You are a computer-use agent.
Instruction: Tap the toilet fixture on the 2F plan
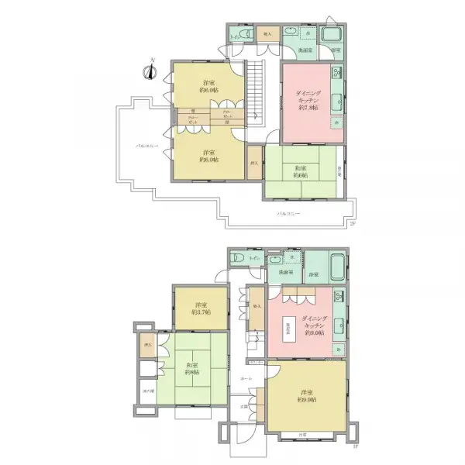tap(240, 36)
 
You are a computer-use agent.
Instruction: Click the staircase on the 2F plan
tap(256, 90)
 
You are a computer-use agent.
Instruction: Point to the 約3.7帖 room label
tap(201, 313)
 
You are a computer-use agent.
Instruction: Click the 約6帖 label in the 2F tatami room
tap(301, 176)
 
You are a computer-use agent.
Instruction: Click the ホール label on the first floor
tap(246, 378)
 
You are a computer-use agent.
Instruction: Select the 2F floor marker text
tap(352, 225)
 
